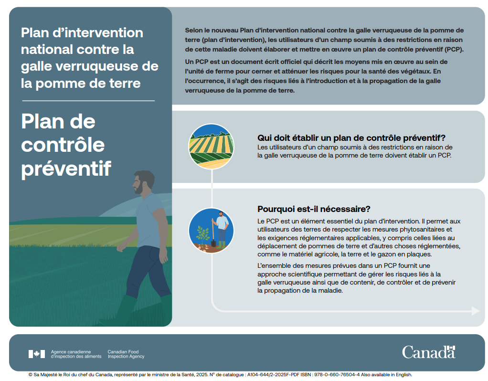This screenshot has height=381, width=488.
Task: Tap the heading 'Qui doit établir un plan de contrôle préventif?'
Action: pos(351,138)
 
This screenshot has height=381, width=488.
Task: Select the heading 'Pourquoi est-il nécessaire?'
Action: pos(314,209)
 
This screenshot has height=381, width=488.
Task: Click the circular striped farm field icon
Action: pos(211,146)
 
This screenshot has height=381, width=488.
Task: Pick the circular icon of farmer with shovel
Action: pos(211,231)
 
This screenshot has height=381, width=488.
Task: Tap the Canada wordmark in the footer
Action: pos(428,352)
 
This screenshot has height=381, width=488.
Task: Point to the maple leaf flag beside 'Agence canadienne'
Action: pos(37,354)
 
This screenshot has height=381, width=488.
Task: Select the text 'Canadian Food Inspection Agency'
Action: pos(126,354)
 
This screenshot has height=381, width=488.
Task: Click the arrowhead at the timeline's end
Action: pos(475,311)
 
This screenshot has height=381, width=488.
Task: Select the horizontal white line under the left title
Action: pos(88,101)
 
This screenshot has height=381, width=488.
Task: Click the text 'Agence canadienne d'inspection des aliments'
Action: pos(76,354)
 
